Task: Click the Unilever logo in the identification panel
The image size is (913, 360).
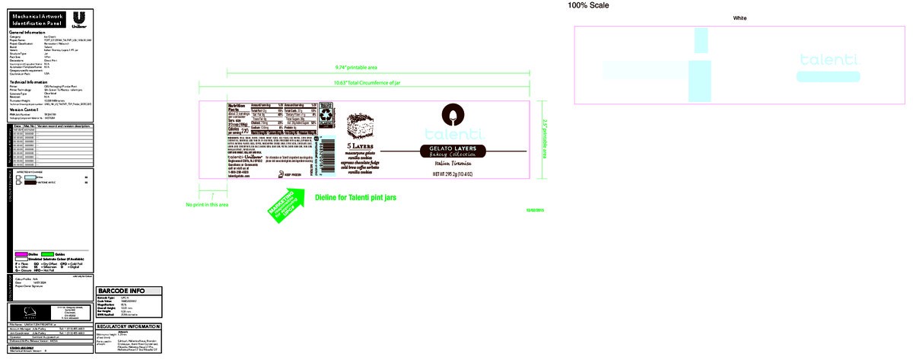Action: pyautogui.click(x=78, y=20)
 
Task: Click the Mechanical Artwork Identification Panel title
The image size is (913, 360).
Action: pyautogui.click(x=36, y=19)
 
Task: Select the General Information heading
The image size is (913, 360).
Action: pyautogui.click(x=27, y=33)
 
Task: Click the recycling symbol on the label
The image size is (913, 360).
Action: pyautogui.click(x=325, y=114)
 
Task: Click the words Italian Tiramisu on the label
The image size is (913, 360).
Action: pyautogui.click(x=454, y=163)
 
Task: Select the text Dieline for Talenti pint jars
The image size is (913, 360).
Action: pyautogui.click(x=355, y=197)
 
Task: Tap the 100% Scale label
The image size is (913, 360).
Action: pyautogui.click(x=587, y=5)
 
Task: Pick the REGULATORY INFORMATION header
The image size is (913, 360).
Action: pyautogui.click(x=129, y=327)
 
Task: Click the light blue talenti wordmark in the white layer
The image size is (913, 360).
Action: pyautogui.click(x=829, y=59)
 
